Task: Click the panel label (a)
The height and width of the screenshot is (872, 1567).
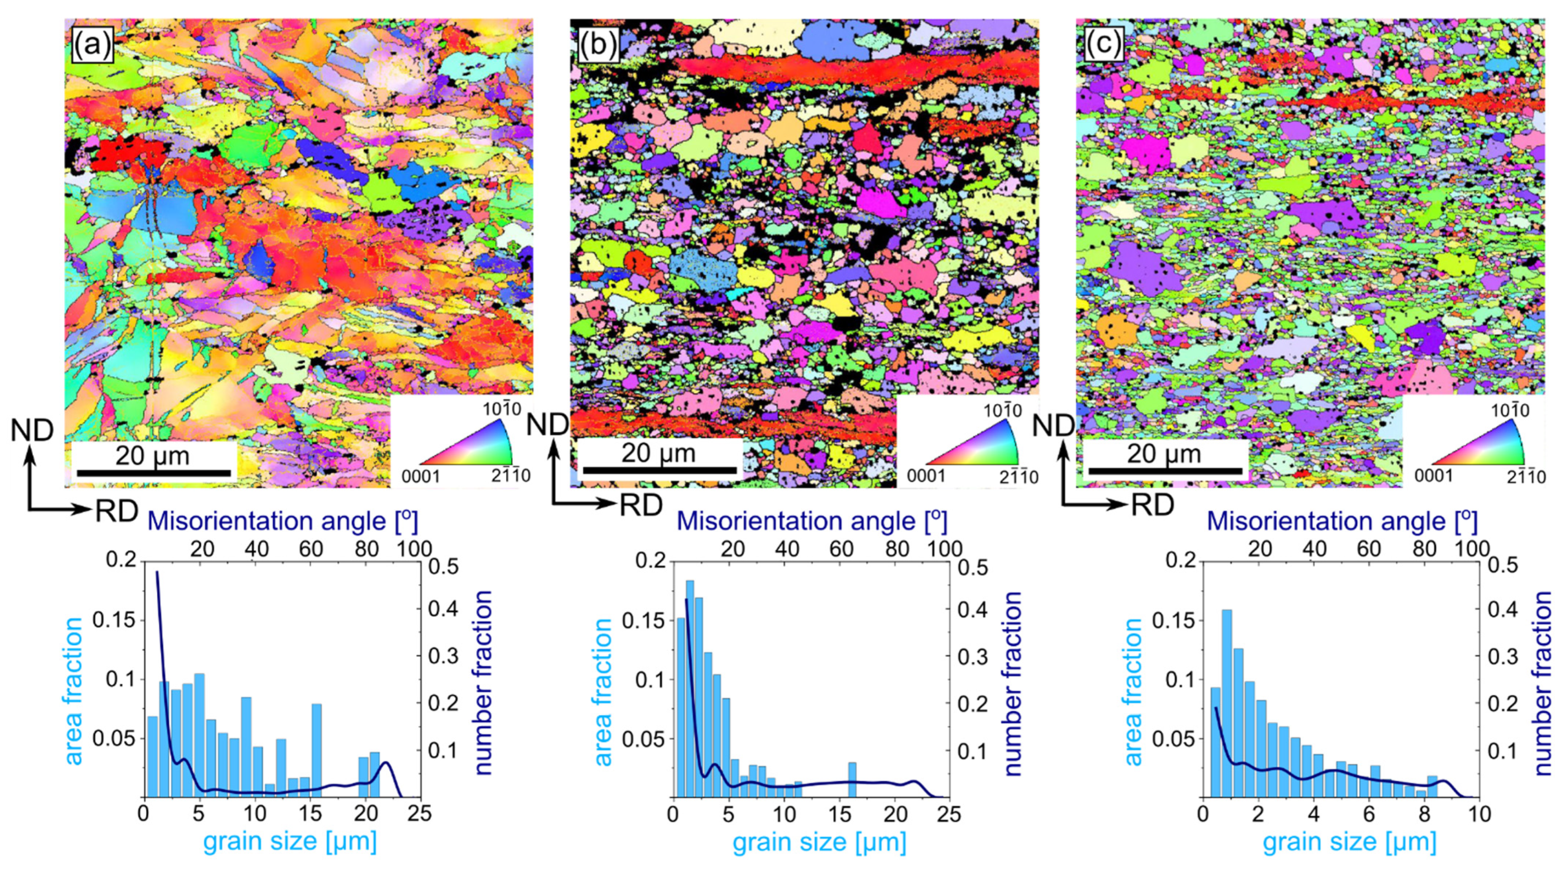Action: pos(92,44)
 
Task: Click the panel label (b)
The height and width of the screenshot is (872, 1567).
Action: pos(597,44)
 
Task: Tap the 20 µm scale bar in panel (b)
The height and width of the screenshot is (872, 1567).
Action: pos(659,470)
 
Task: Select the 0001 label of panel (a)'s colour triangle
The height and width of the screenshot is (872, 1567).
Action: pos(420,476)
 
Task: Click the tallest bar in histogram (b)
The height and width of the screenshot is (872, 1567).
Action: pos(690,688)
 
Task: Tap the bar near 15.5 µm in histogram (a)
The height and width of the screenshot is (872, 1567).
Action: pos(316,750)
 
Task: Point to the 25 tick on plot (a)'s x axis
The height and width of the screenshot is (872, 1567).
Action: pos(420,814)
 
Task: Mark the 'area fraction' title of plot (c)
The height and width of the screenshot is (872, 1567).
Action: pos(1132,691)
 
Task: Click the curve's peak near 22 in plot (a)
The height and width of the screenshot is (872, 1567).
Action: pos(386,762)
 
